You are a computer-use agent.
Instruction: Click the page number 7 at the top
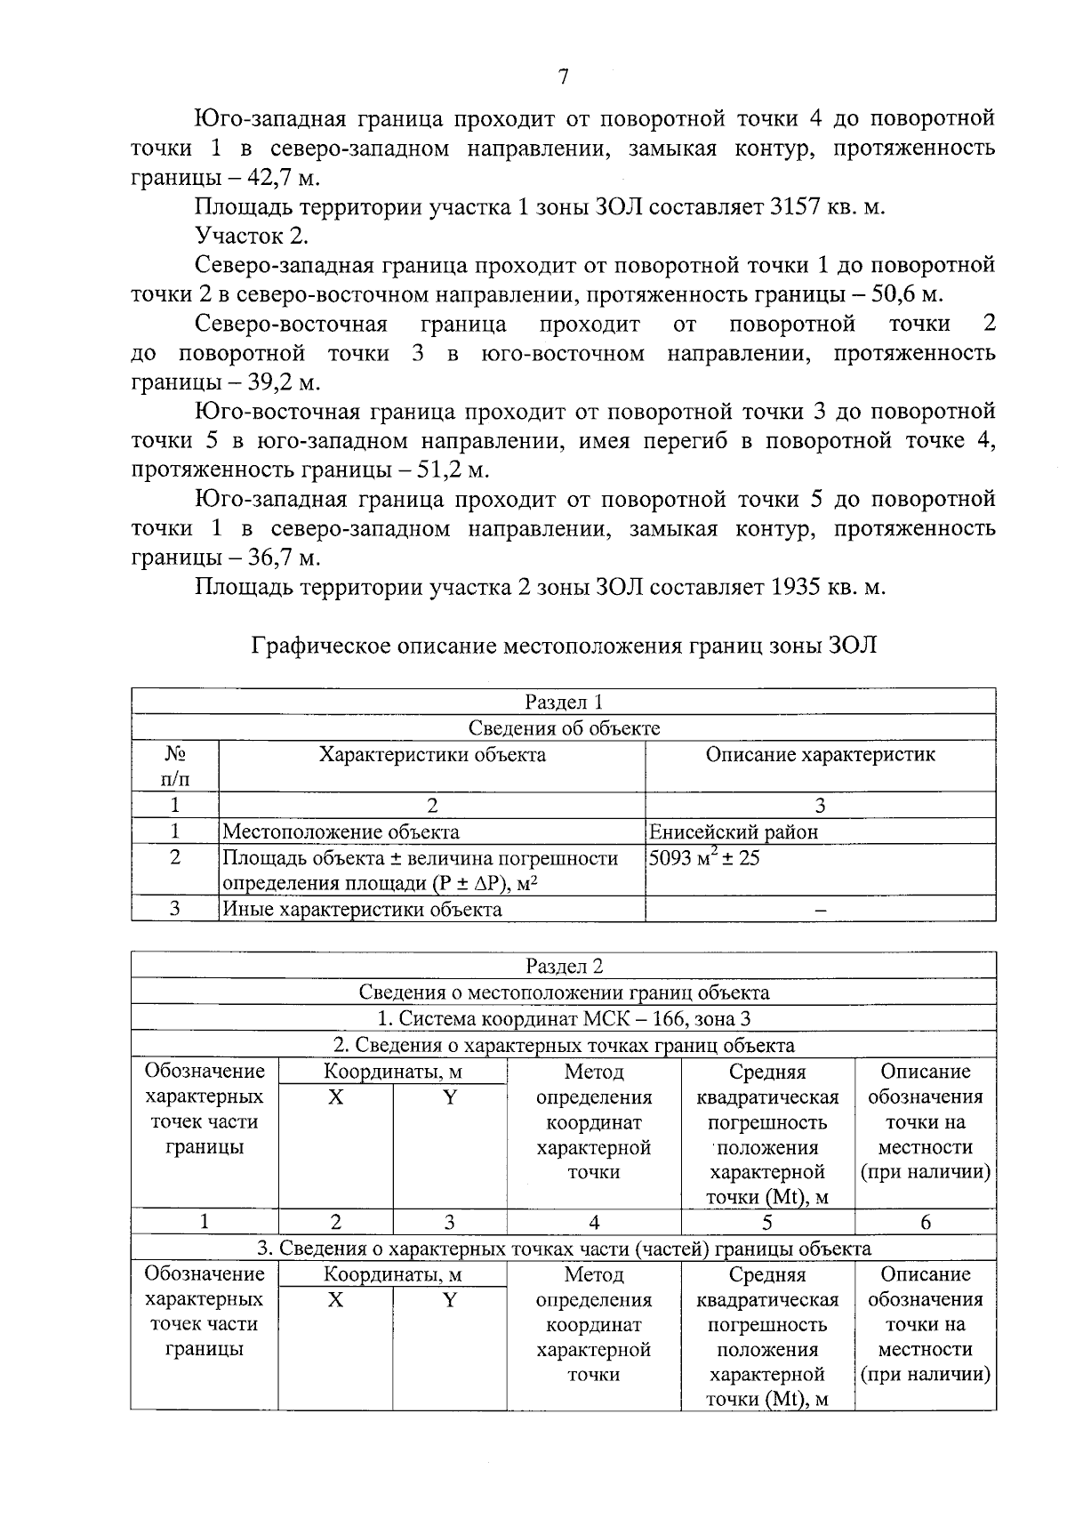[x=563, y=77]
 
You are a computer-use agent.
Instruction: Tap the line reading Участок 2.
[x=252, y=237]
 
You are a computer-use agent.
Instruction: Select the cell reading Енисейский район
[x=734, y=832]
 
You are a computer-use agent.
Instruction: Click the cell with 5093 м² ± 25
[x=703, y=859]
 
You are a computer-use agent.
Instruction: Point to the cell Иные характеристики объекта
[x=361, y=910]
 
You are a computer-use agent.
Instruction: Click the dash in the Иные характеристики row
[x=820, y=910]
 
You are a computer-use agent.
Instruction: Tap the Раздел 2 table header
[x=564, y=967]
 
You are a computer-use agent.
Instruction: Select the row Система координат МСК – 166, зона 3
[x=564, y=1019]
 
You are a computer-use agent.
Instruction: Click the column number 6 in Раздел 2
[x=925, y=1223]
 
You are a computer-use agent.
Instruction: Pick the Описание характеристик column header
[x=820, y=756]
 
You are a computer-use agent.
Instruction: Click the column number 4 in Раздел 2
[x=594, y=1223]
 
